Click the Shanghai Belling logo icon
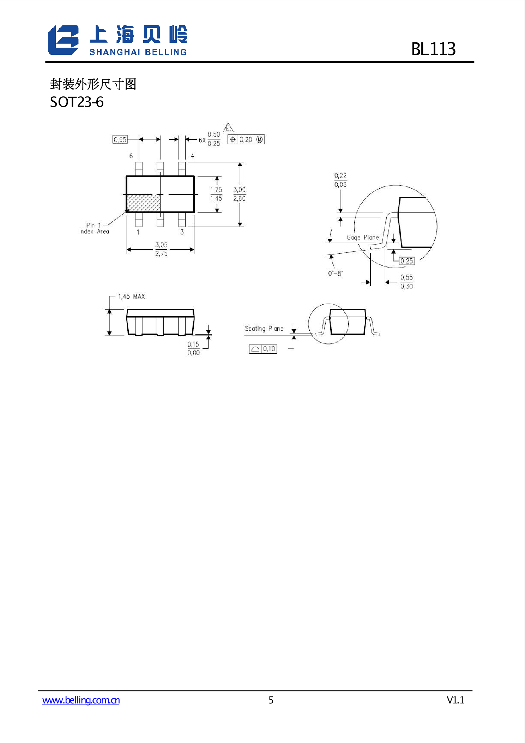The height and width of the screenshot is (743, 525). (64, 40)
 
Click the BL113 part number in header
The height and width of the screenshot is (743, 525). (433, 49)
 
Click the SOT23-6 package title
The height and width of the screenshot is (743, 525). (77, 102)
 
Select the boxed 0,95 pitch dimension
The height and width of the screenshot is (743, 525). (120, 139)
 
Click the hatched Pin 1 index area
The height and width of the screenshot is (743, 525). (143, 203)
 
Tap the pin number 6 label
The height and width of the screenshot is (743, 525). (131, 156)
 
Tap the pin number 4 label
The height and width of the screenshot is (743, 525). (192, 156)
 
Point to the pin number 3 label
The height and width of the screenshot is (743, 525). (182, 232)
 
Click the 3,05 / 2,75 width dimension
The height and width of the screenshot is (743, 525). (161, 249)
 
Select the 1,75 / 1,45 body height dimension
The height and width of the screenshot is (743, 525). (216, 194)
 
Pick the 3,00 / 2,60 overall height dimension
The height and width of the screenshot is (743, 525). (239, 194)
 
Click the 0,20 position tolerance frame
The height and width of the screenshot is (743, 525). (246, 139)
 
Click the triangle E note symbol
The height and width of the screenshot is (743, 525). (228, 128)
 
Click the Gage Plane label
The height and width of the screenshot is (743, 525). (362, 238)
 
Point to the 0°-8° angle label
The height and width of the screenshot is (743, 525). (335, 273)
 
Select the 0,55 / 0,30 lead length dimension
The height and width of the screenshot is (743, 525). (406, 282)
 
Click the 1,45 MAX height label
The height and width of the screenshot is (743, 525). (131, 296)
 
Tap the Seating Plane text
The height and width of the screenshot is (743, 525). (264, 329)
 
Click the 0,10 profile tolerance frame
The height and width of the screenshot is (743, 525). (263, 349)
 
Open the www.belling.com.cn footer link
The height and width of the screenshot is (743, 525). (81, 700)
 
